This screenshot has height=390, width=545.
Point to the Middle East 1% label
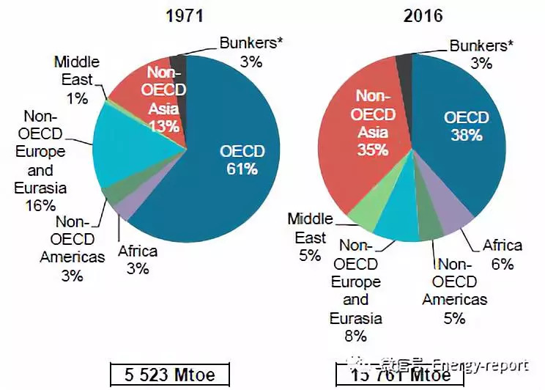pyautogui.click(x=76, y=79)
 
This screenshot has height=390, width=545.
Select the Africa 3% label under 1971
pyautogui.click(x=137, y=260)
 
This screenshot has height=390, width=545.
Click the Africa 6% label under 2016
pyautogui.click(x=502, y=254)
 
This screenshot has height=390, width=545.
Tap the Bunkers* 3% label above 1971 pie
pyautogui.click(x=251, y=51)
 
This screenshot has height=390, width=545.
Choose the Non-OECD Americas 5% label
pyautogui.click(x=454, y=290)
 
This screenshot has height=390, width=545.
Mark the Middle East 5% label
pyautogui.click(x=310, y=238)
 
